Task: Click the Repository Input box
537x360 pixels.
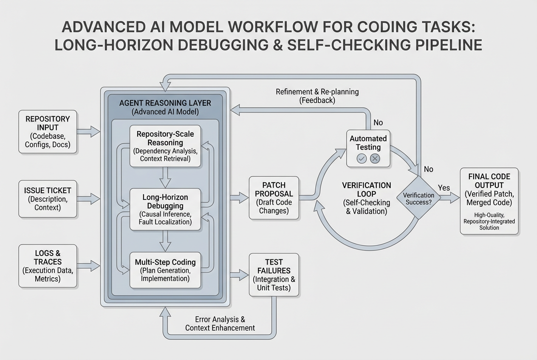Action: (47, 132)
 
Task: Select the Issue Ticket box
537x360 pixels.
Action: (47, 199)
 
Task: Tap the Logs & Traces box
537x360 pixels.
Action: (47, 266)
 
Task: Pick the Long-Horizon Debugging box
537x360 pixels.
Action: (165, 209)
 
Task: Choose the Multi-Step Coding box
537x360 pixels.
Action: (165, 270)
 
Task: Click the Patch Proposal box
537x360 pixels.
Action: (274, 197)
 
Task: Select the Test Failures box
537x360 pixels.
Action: (274, 274)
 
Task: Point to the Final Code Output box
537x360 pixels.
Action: (489, 200)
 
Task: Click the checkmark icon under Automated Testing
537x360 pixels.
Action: (362, 159)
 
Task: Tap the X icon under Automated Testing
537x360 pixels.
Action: (375, 159)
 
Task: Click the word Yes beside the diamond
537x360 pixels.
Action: (444, 187)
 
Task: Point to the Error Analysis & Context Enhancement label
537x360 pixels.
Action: (220, 323)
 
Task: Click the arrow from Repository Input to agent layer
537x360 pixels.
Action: (88, 131)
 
